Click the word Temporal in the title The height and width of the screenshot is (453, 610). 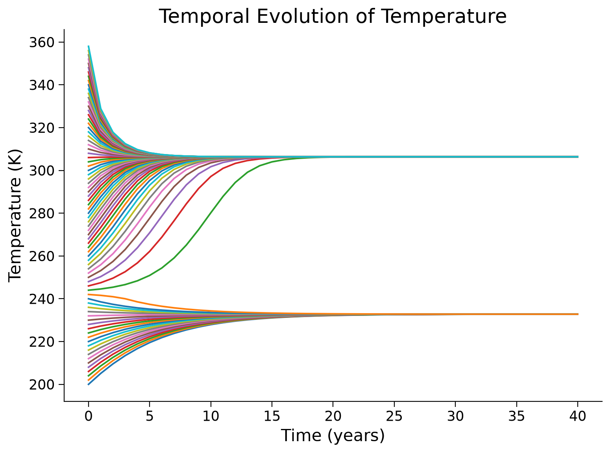point(204,17)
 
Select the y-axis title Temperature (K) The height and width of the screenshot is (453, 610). point(15,215)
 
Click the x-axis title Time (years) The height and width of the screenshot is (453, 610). point(333,436)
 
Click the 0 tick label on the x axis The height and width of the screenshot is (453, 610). point(88,416)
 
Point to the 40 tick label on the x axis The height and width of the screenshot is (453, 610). point(578,416)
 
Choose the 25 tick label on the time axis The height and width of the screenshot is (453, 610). point(394,416)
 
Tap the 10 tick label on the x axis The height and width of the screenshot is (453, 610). point(211,416)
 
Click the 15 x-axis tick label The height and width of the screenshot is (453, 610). point(272,416)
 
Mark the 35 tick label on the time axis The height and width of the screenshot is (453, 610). point(516,416)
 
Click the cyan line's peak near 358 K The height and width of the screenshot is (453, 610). point(89,46)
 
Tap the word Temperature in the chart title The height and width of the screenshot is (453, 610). point(445,17)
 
